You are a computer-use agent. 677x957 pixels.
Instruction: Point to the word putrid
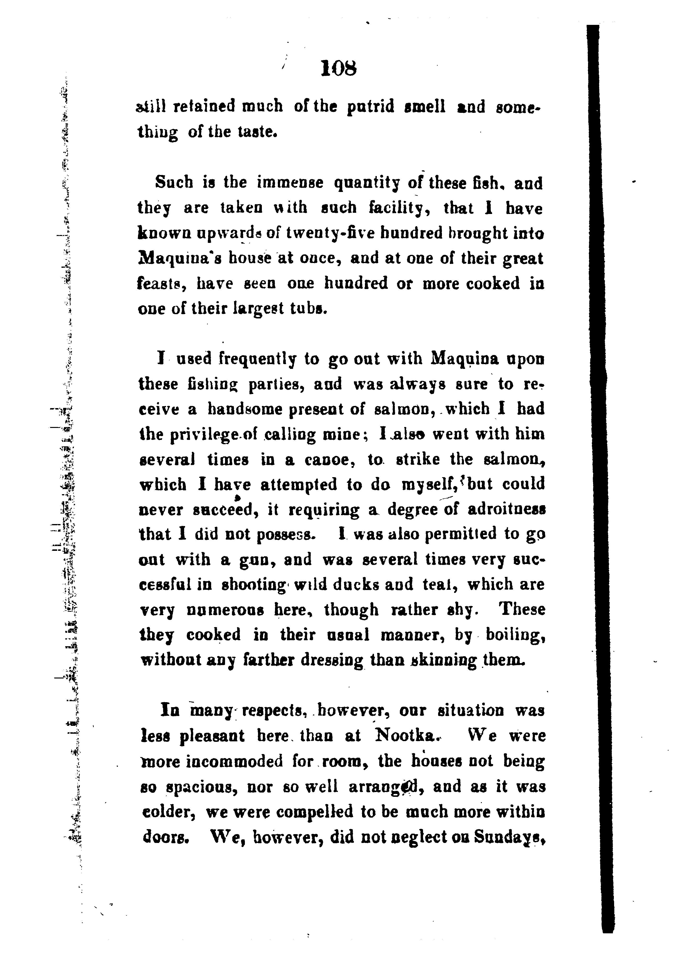point(371,107)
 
